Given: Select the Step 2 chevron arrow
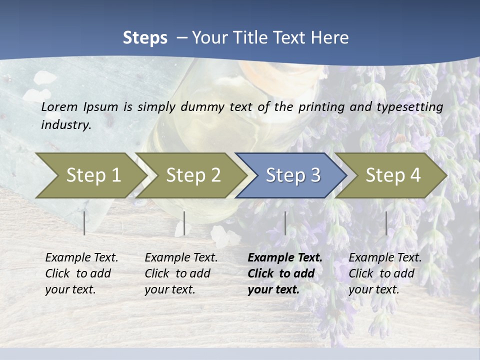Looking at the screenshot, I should coord(192,175).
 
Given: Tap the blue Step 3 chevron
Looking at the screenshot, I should coord(292,175).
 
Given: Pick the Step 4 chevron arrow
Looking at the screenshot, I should coord(392,175).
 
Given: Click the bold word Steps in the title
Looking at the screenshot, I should coord(145,38).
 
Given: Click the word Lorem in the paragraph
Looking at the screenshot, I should coord(59,106).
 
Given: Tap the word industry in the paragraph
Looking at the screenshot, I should coord(66,125).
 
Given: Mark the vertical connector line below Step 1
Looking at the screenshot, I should coord(84,223).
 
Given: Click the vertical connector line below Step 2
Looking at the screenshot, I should coord(184,223).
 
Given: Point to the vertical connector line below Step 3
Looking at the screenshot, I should coord(285,223).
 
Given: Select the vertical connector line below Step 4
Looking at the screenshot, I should coord(386,223).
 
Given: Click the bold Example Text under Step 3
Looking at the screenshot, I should coord(285,257).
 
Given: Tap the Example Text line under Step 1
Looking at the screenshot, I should coord(81,257).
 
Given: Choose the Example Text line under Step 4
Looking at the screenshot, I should coord(385,257).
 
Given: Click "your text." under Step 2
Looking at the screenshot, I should coord(169,289).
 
